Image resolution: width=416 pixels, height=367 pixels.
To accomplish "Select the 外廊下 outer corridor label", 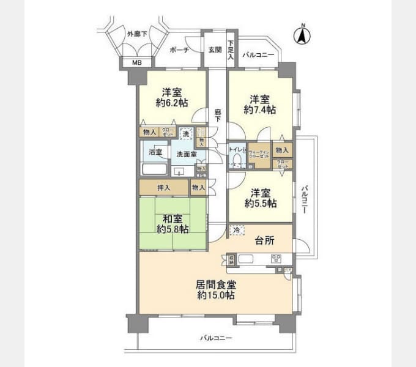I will [x=136, y=34].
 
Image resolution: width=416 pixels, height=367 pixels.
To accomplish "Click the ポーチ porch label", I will [x=179, y=50].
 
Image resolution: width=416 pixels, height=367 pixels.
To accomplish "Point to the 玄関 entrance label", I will [x=214, y=50].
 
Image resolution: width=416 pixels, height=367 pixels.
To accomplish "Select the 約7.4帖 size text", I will [x=259, y=109].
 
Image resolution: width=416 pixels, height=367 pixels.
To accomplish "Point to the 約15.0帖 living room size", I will [x=216, y=295].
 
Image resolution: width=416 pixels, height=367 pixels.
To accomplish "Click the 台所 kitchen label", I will [x=264, y=240].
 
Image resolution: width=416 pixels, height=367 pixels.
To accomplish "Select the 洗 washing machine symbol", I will [x=185, y=134].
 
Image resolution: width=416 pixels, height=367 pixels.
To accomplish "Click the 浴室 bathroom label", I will [x=155, y=152].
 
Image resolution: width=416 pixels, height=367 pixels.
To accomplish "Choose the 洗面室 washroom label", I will [x=187, y=154].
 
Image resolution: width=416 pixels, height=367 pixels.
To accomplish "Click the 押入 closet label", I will [x=163, y=187].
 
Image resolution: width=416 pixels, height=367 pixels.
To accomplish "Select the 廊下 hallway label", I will [x=218, y=115].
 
